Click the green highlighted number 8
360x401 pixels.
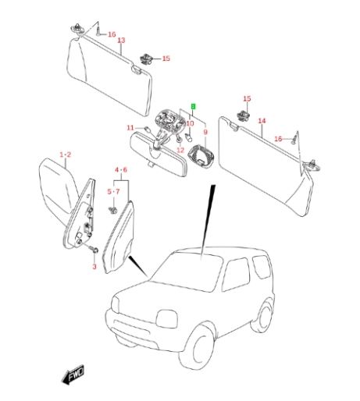(x=193, y=106)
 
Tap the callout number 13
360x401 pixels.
(x=121, y=41)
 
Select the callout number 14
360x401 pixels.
(x=262, y=121)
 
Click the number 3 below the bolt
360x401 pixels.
(x=94, y=267)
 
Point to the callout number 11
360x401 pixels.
(x=130, y=128)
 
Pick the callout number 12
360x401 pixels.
(x=180, y=150)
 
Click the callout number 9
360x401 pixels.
(x=205, y=132)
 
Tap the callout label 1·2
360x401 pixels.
(x=66, y=154)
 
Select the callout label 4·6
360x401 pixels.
(x=121, y=170)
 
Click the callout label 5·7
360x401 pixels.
(x=113, y=192)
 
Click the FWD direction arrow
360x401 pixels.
(x=73, y=374)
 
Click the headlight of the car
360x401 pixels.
(x=167, y=318)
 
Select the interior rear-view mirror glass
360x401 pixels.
(x=158, y=154)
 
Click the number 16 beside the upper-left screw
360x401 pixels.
(x=112, y=34)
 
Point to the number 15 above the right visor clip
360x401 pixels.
(x=247, y=99)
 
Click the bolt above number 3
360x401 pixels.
(x=94, y=249)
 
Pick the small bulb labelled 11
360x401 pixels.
(x=147, y=129)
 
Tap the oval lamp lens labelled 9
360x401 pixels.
(x=201, y=158)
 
